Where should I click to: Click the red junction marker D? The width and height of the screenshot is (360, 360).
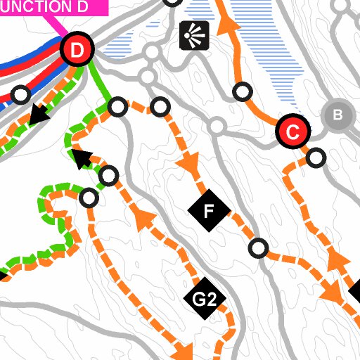(77, 50)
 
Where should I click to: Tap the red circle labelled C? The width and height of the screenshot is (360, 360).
(293, 131)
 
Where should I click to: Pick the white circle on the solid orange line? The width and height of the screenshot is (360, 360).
(243, 91)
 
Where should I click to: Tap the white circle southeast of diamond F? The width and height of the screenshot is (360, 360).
(259, 247)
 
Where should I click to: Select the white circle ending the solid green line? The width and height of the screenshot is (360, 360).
(118, 107)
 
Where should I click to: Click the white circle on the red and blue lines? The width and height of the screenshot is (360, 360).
(21, 94)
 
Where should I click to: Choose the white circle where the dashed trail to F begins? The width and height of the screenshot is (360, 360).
(161, 107)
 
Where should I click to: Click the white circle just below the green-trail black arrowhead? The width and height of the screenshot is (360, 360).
(109, 175)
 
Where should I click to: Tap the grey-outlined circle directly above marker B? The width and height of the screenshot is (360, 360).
(341, 6)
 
